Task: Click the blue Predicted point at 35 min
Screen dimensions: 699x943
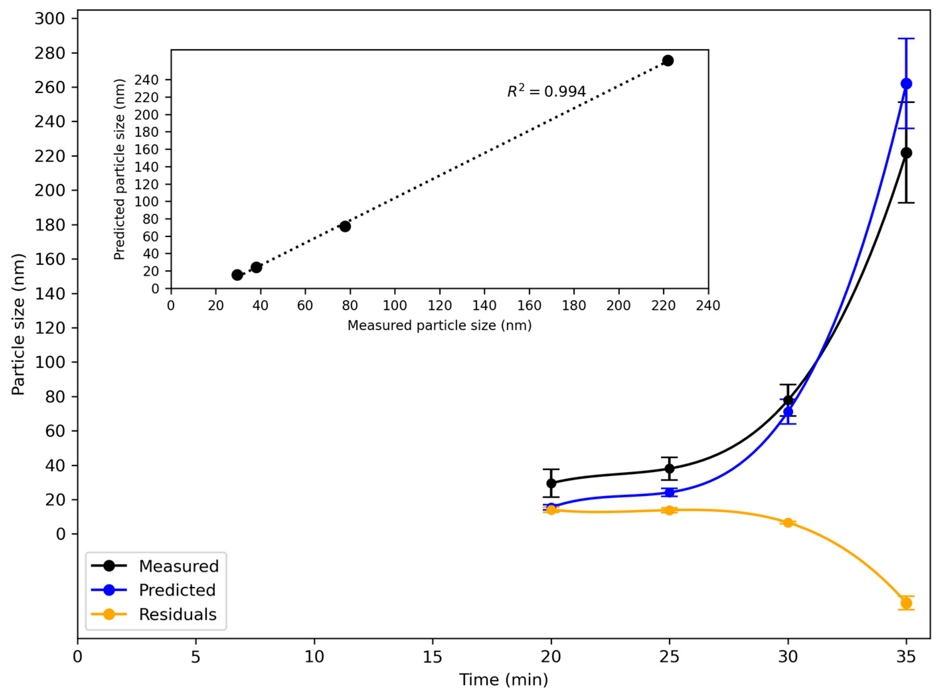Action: (906, 83)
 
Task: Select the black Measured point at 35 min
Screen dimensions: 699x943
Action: (906, 153)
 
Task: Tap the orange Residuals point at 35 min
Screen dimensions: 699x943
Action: (906, 603)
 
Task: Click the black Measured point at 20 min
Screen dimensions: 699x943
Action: (551, 483)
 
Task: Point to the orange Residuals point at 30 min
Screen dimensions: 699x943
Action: (788, 522)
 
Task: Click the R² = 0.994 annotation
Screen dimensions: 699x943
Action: (547, 91)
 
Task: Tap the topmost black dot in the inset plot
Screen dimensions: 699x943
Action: (668, 60)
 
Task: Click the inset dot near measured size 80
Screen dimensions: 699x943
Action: (345, 226)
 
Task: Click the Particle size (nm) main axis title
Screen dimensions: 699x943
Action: (19, 325)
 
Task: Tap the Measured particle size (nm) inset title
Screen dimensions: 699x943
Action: (439, 325)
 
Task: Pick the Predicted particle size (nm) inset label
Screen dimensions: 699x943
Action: (120, 169)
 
